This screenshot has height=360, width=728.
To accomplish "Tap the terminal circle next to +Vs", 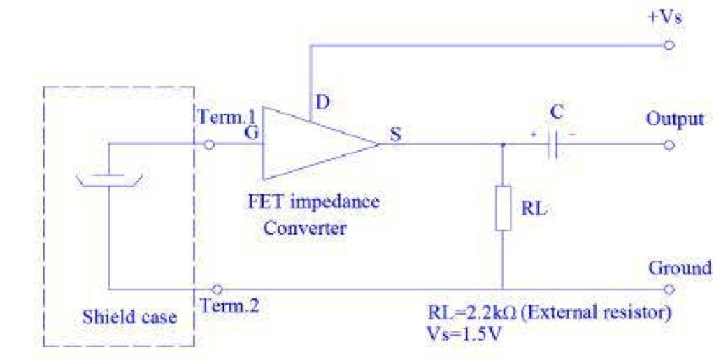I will [x=669, y=45].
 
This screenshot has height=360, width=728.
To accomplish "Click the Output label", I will [x=675, y=119].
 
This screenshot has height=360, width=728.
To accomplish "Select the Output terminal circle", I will [x=669, y=145].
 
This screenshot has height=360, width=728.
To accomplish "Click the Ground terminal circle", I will [x=669, y=289].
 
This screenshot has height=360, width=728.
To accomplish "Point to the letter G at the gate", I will [x=250, y=131].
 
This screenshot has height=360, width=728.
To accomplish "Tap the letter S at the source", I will [x=396, y=134].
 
